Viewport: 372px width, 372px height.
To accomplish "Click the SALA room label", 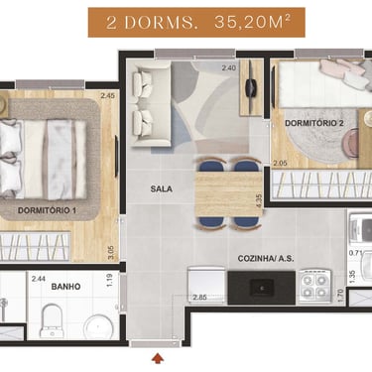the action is point(162,188).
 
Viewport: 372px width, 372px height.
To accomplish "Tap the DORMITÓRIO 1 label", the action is point(47,210).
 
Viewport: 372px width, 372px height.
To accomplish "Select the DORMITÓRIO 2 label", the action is point(314,123).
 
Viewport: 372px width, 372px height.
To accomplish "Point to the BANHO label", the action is point(65,287).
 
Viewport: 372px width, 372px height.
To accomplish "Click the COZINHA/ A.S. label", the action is point(266,259).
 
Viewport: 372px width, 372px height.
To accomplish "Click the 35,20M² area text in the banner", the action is point(253,22).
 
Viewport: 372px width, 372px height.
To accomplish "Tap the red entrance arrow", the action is point(159,359).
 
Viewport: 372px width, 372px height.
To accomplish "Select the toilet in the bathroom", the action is point(51,320).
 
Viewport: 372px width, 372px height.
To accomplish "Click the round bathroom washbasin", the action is point(99,326).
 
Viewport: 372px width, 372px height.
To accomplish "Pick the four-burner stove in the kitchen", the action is point(314,287).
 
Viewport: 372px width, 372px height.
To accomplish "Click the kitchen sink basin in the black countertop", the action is point(261,288).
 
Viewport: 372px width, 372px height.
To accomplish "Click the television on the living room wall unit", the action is point(251,87).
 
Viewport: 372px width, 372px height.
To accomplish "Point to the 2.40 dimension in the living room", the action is point(229,68).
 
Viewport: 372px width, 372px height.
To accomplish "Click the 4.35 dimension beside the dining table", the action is point(259,200).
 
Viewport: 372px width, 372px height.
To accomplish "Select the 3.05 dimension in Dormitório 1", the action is point(112,253).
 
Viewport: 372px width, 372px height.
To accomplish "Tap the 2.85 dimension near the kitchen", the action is point(200,298).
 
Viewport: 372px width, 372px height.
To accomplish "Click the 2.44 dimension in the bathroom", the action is point(39,279).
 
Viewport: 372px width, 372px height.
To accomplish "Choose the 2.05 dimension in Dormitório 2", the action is point(280,163).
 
